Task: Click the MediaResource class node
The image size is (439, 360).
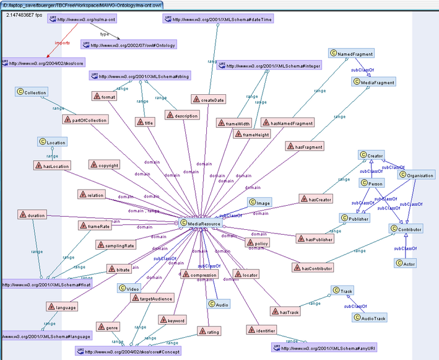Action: (x=200, y=224)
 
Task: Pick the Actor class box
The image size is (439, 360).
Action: (x=405, y=263)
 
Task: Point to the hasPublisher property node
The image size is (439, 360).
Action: (x=315, y=239)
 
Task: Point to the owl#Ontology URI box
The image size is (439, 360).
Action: (x=129, y=45)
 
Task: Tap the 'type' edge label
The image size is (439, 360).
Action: (x=104, y=34)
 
